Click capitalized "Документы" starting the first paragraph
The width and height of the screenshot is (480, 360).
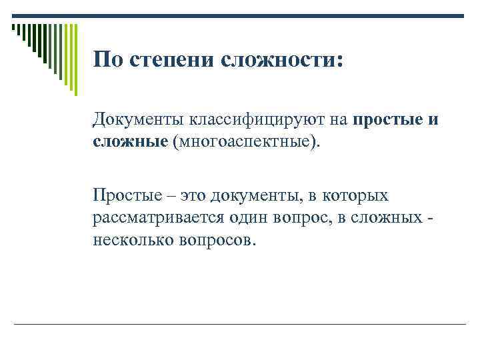(x=137, y=121)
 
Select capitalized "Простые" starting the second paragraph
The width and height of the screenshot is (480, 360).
(x=128, y=196)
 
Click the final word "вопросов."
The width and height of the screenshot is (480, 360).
(x=216, y=239)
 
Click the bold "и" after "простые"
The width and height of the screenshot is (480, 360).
(x=433, y=121)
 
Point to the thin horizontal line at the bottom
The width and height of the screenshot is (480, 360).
(x=240, y=325)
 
